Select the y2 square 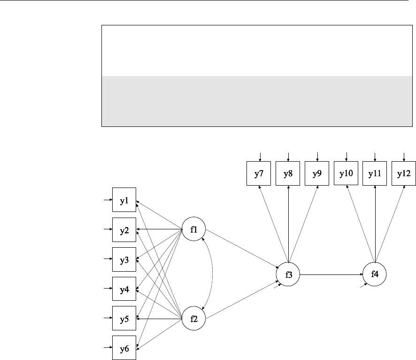click(124, 230)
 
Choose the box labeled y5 click(124, 319)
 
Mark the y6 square click(124, 348)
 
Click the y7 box click(259, 173)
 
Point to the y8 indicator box click(288, 173)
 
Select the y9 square click(317, 173)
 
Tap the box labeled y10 click(346, 173)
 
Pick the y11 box click(375, 173)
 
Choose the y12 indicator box click(404, 173)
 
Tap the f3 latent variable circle click(288, 274)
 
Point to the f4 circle click(375, 274)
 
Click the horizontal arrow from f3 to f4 click(331, 274)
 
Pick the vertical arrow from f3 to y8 click(288, 226)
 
